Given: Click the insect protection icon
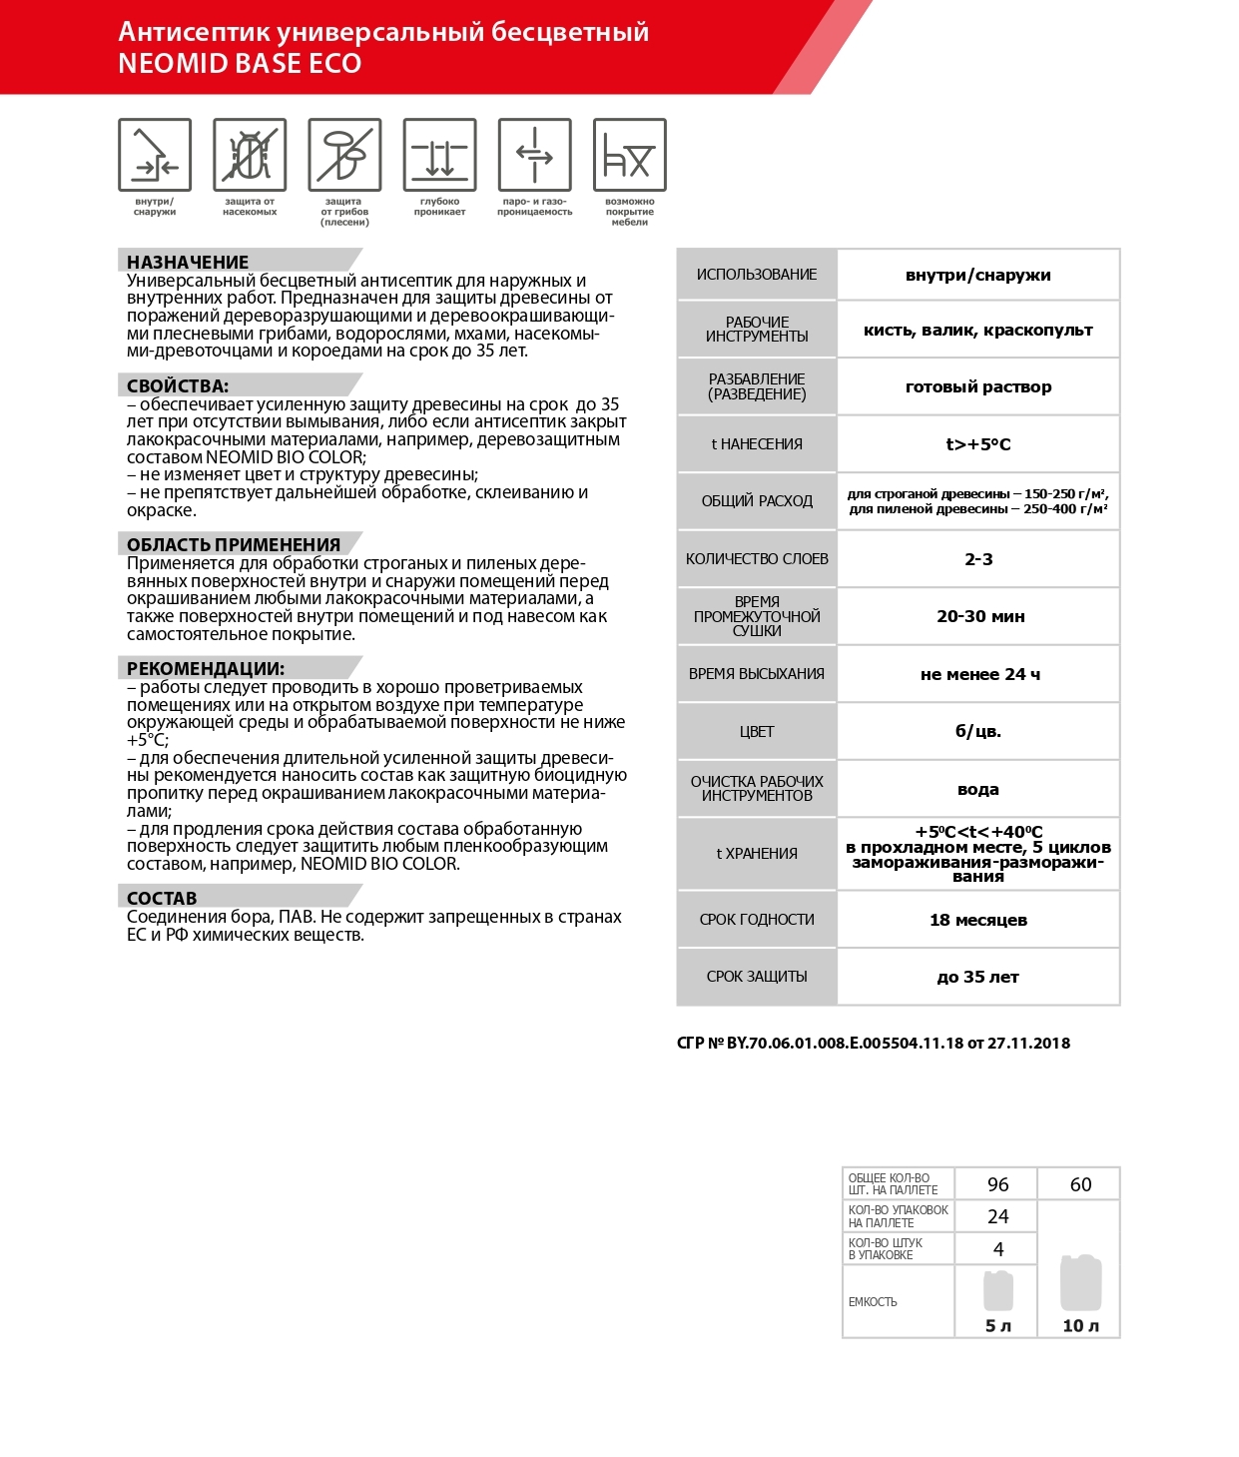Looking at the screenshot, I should click(x=250, y=155).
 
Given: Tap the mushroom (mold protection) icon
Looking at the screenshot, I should click(x=344, y=155).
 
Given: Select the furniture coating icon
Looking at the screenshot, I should click(x=629, y=155).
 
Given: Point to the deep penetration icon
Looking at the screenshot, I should click(x=439, y=155).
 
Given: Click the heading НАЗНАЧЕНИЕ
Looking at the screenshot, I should click(x=188, y=262).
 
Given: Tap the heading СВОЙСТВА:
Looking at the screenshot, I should click(x=178, y=385).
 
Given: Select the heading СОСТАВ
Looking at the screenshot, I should click(x=162, y=898).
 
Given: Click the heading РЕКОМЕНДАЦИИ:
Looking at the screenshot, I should click(x=206, y=668).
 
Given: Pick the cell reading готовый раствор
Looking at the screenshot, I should click(x=978, y=386).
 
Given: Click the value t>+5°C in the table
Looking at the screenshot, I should click(x=978, y=444).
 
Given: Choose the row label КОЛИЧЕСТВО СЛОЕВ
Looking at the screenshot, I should click(x=757, y=559).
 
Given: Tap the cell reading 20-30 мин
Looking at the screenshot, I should click(x=980, y=616).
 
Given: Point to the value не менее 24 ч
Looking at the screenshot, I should click(x=980, y=674).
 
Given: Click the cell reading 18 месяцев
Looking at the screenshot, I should click(x=978, y=920).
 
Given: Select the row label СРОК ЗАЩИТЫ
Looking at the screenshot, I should click(x=757, y=977).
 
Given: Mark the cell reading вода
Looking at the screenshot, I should click(x=978, y=789).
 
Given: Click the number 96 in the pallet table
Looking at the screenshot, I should click(x=997, y=1184).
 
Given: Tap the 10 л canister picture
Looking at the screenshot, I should click(x=1080, y=1283).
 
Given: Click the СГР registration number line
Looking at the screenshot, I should click(x=874, y=1043).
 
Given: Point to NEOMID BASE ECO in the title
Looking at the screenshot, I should click(x=240, y=63).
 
